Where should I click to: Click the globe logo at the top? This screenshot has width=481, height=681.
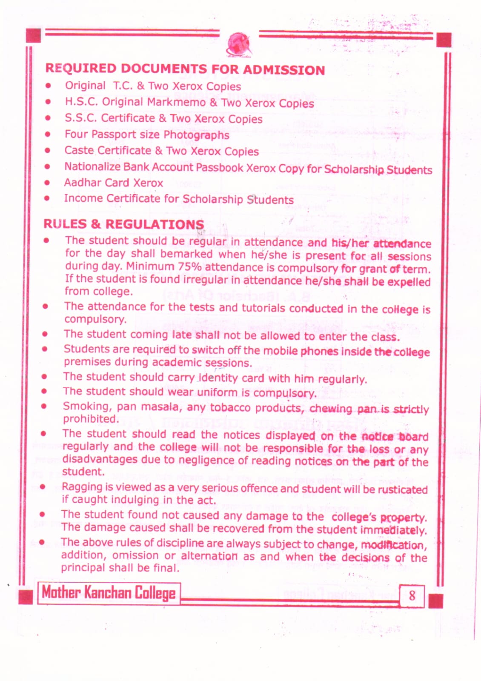click(x=239, y=45)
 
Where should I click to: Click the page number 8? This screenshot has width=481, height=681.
click(x=412, y=595)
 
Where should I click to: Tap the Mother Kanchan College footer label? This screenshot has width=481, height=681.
click(x=109, y=592)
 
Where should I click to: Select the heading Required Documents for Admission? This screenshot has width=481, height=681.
click(x=185, y=69)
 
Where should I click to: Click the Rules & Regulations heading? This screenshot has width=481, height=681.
click(x=123, y=224)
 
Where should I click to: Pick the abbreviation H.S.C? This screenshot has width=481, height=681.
click(x=81, y=102)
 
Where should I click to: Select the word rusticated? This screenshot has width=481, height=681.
click(x=402, y=489)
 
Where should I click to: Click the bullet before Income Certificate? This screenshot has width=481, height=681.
click(x=47, y=198)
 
